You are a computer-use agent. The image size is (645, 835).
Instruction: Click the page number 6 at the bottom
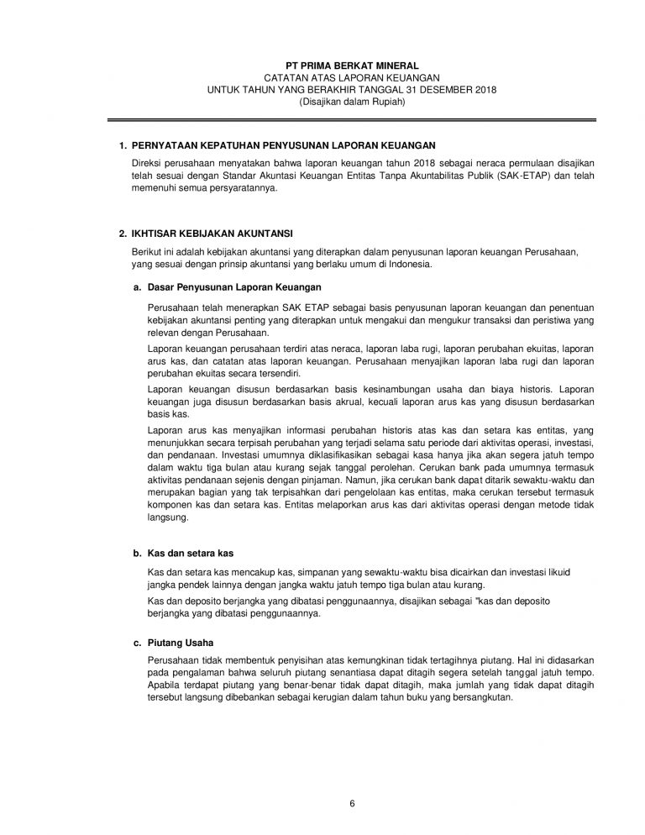tap(353, 804)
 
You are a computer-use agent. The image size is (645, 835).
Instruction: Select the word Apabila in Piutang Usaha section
tap(162, 685)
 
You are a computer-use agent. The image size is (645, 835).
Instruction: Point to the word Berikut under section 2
tap(147, 252)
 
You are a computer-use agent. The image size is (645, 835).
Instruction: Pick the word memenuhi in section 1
tap(155, 189)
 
